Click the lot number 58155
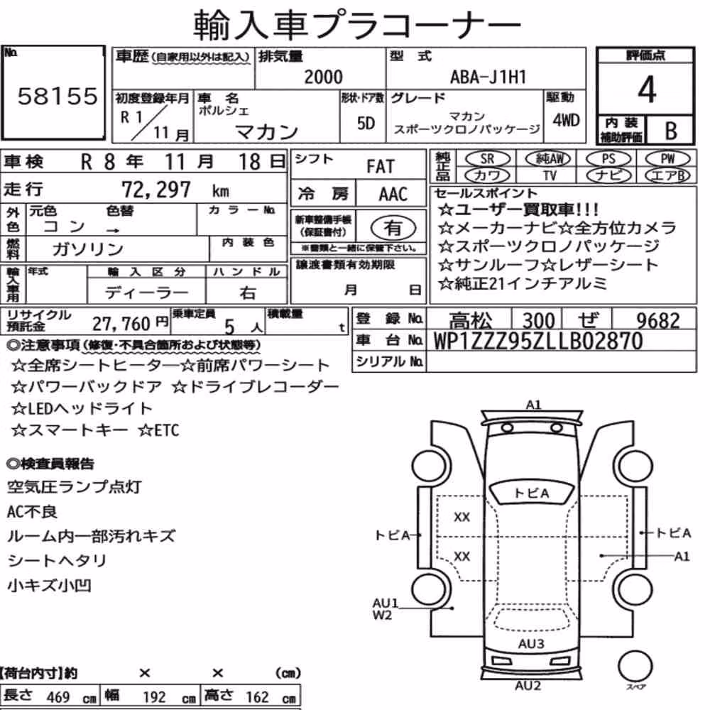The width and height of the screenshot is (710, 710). pyautogui.click(x=58, y=96)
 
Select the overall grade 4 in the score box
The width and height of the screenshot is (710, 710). pyautogui.click(x=647, y=89)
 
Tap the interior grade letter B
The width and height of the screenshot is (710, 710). pyautogui.click(x=671, y=131)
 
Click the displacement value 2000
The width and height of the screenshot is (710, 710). pyautogui.click(x=323, y=77)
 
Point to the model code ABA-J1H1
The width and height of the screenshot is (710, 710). pyautogui.click(x=488, y=77)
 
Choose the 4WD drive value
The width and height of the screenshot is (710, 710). pyautogui.click(x=566, y=121)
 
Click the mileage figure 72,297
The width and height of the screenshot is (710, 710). pyautogui.click(x=156, y=190)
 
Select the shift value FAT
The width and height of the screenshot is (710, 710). pyautogui.click(x=381, y=167)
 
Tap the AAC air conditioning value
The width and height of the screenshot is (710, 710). pyautogui.click(x=393, y=195)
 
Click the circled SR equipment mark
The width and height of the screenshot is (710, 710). pyautogui.click(x=488, y=159)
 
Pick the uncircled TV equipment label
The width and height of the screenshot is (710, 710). pyautogui.click(x=550, y=175)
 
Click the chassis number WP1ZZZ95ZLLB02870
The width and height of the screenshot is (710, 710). pyautogui.click(x=538, y=341)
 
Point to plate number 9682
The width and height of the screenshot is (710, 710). pyautogui.click(x=658, y=321)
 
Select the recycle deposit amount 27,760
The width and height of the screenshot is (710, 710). pyautogui.click(x=121, y=324)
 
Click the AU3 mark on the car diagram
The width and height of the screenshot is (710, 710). pyautogui.click(x=531, y=644)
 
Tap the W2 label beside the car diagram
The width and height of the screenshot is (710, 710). pyautogui.click(x=382, y=616)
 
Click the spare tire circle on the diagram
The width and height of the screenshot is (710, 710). pyautogui.click(x=635, y=667)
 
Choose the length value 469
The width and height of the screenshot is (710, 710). pyautogui.click(x=58, y=697)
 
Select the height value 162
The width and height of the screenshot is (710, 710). pyautogui.click(x=257, y=697)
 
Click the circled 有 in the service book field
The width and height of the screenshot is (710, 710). pyautogui.click(x=393, y=228)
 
